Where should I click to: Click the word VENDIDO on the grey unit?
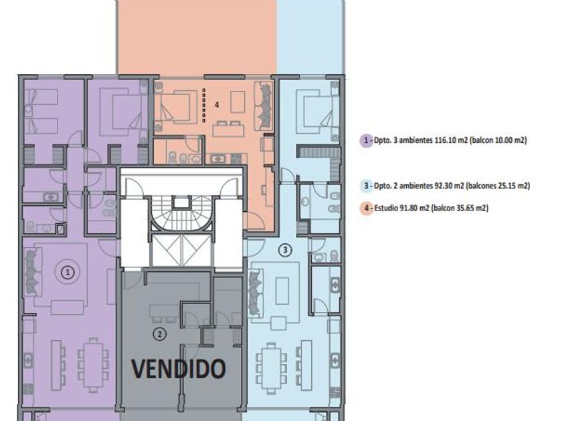(x=179, y=369)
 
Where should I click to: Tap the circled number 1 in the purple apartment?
(x=68, y=273)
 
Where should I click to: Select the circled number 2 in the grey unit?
(x=159, y=334)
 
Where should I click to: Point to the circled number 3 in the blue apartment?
(x=285, y=250)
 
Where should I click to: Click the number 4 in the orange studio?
(x=217, y=105)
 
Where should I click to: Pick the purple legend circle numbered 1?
(x=366, y=140)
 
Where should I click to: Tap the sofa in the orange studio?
(x=264, y=106)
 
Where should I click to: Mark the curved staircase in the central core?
(x=181, y=214)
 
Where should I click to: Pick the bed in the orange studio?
(x=175, y=107)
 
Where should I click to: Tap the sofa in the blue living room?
(x=256, y=293)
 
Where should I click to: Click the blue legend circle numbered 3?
(x=366, y=186)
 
